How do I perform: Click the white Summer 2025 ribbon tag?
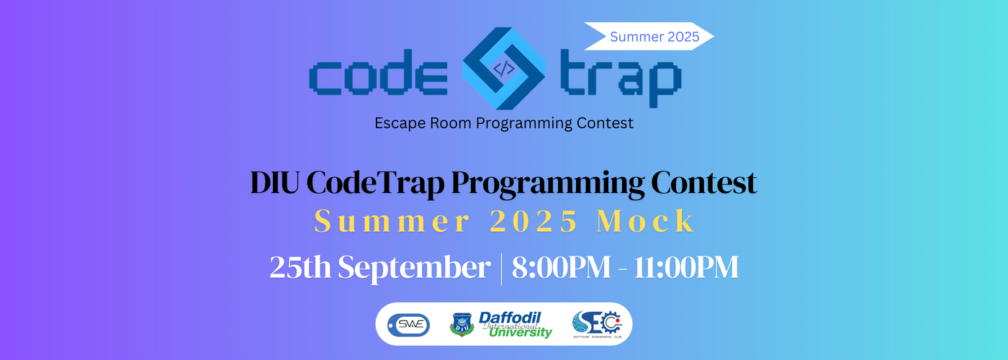[649, 36]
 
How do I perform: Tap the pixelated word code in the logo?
[379, 72]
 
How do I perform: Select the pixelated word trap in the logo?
[621, 78]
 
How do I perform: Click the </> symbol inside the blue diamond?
[503, 68]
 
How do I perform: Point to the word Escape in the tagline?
[400, 123]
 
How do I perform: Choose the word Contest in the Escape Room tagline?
[606, 123]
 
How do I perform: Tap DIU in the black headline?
[275, 182]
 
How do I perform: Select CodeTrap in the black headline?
[375, 184]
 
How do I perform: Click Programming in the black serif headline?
[548, 184]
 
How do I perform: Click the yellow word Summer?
[392, 221]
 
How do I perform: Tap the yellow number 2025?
[534, 221]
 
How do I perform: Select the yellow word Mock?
[646, 220]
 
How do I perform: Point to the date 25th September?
[380, 268]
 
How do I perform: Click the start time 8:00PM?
[561, 267]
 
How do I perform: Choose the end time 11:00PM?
[686, 267]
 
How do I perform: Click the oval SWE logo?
[409, 325]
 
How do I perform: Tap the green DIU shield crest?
[462, 325]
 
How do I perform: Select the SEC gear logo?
[597, 324]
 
